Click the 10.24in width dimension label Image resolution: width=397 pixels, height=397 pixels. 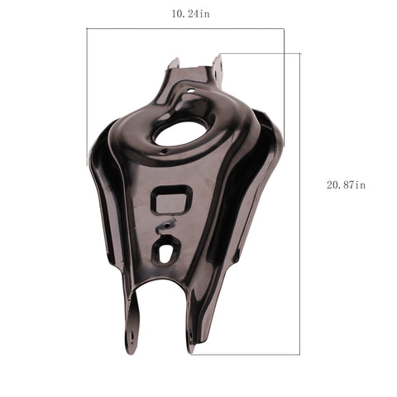pos(191,13)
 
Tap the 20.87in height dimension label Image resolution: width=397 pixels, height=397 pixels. pos(346,184)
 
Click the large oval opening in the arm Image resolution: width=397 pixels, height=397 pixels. pos(179,133)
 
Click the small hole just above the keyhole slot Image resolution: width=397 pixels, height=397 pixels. pos(167,226)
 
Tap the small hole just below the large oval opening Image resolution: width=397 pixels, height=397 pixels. pos(164,151)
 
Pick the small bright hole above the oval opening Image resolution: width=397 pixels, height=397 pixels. pos(191,90)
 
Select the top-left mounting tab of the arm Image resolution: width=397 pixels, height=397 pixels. pos(175,64)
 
